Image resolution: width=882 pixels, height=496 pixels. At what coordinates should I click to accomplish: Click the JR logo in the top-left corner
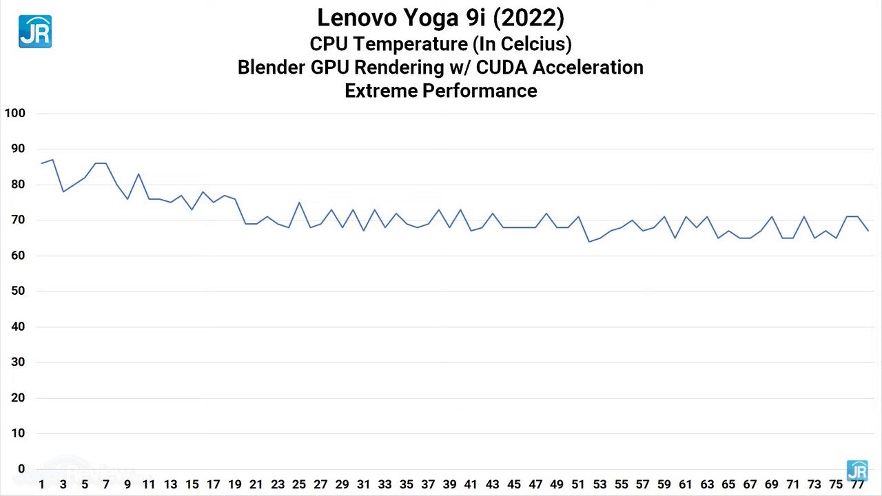[34, 32]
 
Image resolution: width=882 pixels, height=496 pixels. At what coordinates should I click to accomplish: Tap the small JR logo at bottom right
[857, 471]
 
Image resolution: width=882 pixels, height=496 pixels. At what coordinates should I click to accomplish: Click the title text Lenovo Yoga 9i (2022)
[440, 18]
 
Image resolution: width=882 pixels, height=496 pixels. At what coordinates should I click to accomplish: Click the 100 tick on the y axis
[14, 113]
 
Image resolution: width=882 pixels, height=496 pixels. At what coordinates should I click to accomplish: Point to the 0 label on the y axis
[21, 469]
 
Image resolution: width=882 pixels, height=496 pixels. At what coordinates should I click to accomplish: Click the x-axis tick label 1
[42, 484]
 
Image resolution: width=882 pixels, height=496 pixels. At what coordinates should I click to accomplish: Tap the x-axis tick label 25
[299, 484]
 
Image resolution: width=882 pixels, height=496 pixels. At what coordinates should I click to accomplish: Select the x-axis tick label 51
[578, 484]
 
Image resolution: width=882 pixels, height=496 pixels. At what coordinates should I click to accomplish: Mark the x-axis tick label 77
[857, 484]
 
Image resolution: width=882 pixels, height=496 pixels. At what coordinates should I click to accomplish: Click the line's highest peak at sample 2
[52, 160]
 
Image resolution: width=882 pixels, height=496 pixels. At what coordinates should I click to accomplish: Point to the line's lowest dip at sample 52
[589, 241]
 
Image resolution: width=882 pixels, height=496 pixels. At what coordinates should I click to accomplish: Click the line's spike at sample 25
[299, 203]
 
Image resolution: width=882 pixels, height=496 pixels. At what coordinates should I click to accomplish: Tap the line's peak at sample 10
[139, 174]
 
